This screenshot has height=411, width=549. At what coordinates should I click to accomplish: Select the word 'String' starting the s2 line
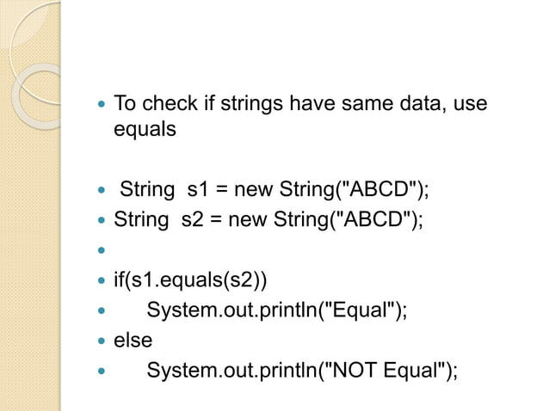[x=141, y=218]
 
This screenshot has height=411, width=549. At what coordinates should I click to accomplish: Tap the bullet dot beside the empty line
[x=102, y=251]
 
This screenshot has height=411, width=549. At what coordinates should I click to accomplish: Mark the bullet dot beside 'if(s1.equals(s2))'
[x=102, y=281]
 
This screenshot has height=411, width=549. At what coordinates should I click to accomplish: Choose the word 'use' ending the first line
[x=470, y=105]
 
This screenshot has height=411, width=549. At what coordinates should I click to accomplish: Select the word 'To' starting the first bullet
[x=126, y=105]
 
